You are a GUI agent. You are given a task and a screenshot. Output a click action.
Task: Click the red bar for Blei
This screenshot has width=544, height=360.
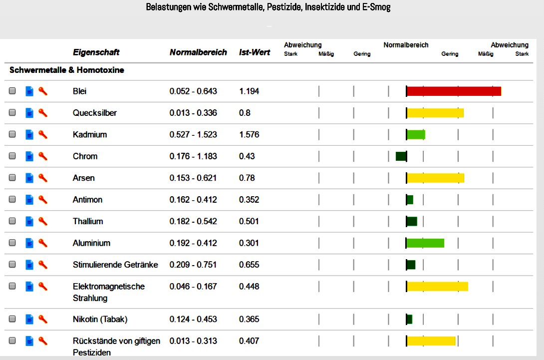(454, 91)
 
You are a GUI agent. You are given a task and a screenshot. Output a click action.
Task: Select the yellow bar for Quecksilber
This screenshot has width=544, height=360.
(435, 113)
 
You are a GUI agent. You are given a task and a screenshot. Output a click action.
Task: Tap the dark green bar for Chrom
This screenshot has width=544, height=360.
(401, 156)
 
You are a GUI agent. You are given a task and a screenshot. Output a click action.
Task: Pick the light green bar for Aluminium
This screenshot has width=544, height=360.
(425, 243)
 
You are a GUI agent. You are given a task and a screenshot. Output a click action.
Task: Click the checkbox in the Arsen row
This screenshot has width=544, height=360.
(12, 178)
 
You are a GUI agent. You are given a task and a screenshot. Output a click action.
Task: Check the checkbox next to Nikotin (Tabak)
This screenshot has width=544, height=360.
(12, 319)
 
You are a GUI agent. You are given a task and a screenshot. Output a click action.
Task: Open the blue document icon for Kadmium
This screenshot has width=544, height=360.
(29, 135)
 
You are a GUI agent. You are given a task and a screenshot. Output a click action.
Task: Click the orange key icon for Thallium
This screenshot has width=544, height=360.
(43, 221)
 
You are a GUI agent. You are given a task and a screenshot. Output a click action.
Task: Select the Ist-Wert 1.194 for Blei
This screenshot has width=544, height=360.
(249, 91)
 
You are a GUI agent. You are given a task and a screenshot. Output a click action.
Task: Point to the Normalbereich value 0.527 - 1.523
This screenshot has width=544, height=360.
(193, 135)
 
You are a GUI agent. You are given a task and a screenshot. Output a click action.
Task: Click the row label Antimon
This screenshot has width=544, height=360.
(87, 200)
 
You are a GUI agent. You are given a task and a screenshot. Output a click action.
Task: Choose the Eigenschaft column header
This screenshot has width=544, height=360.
(96, 52)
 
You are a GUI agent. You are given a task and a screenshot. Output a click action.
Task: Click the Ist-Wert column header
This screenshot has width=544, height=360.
(255, 52)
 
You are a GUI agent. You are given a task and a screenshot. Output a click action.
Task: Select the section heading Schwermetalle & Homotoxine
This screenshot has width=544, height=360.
(66, 70)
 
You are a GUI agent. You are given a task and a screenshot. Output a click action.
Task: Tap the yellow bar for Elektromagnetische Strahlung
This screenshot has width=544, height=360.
(438, 286)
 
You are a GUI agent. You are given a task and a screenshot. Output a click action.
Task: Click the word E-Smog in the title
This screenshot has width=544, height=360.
(377, 7)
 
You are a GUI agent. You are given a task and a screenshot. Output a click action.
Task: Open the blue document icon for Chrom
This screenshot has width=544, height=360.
(29, 156)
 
